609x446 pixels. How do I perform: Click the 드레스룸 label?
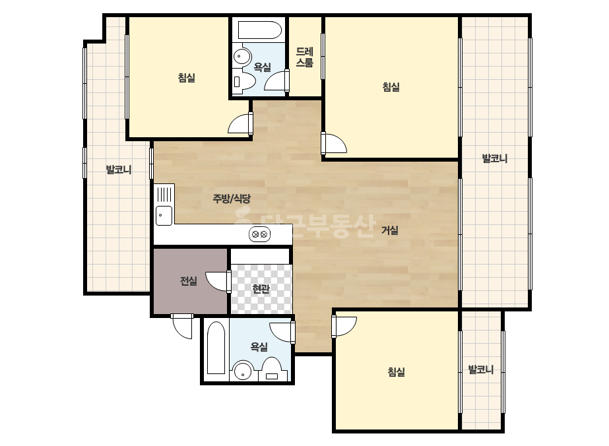[x=305, y=57]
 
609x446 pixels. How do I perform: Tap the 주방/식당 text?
[x=232, y=199]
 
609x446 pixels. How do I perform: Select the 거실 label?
[x=389, y=230]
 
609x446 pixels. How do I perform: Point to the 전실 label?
[x=188, y=281]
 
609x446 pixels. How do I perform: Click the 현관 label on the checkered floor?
[x=261, y=289]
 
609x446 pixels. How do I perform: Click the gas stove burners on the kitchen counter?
[x=259, y=234]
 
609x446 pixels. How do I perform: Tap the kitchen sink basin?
[x=164, y=216]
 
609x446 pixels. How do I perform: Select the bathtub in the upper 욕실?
[x=259, y=30]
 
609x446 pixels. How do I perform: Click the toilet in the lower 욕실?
[x=271, y=369]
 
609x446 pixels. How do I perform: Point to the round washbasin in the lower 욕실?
[x=243, y=371]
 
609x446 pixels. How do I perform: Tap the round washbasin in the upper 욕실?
[x=242, y=57]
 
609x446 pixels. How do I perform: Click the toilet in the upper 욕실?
[x=243, y=81]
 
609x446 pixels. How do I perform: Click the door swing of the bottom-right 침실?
[x=344, y=326]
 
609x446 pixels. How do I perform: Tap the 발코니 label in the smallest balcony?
[x=481, y=369]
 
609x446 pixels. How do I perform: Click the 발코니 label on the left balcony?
[x=119, y=170]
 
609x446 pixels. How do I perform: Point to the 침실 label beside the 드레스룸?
[x=391, y=86]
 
